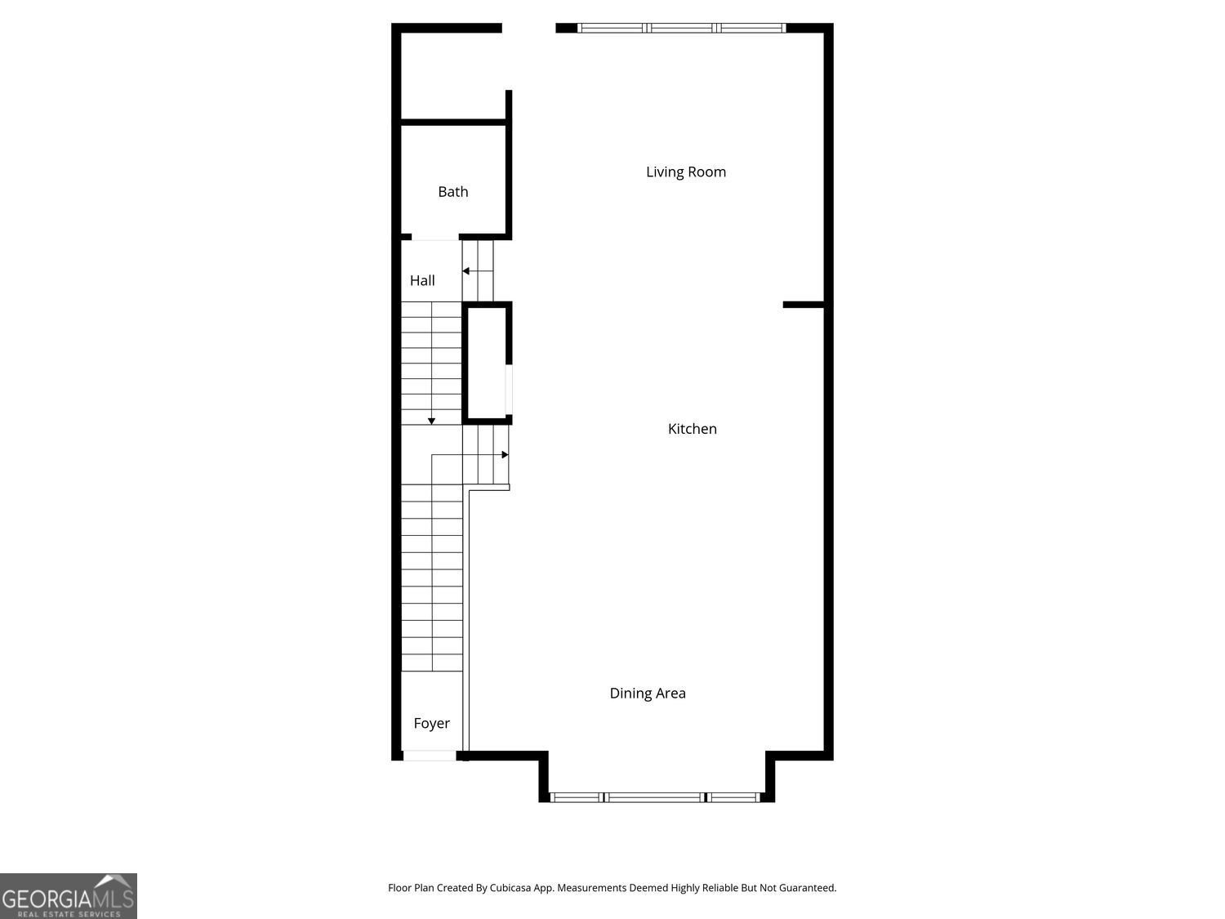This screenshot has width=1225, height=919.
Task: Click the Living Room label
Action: pyautogui.click(x=685, y=172)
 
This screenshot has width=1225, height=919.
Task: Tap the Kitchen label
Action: pyautogui.click(x=692, y=429)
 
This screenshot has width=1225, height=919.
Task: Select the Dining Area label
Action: pyautogui.click(x=648, y=694)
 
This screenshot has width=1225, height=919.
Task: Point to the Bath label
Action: pyautogui.click(x=453, y=192)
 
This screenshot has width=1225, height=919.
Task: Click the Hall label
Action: pyautogui.click(x=422, y=280)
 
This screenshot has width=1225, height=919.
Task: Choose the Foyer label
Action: pyautogui.click(x=431, y=723)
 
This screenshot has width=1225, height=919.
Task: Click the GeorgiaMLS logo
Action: pyautogui.click(x=69, y=896)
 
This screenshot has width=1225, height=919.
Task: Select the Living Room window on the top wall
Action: pyautogui.click(x=682, y=28)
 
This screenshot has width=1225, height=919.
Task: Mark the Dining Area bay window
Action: pyautogui.click(x=655, y=797)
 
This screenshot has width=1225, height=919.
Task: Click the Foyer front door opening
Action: pyautogui.click(x=430, y=756)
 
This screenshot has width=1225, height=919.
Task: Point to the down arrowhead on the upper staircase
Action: pyautogui.click(x=431, y=421)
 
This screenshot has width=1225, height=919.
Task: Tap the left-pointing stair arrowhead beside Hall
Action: pyautogui.click(x=465, y=271)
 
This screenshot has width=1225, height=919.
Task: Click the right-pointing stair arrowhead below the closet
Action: pyautogui.click(x=505, y=454)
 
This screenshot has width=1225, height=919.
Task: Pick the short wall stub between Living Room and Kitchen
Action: pyautogui.click(x=804, y=305)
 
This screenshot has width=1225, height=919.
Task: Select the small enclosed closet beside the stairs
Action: pyautogui.click(x=487, y=363)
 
